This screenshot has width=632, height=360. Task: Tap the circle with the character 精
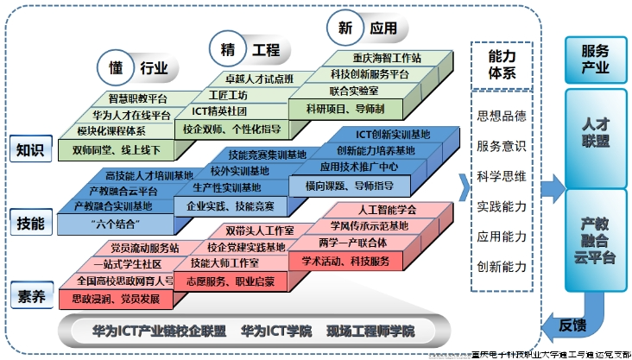pyautogui.click(x=224, y=49)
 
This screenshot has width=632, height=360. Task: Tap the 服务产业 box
pyautogui.click(x=596, y=58)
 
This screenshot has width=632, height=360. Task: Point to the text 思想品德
pyautogui.click(x=502, y=116)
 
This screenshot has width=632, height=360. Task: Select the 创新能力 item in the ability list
pyautogui.click(x=502, y=267)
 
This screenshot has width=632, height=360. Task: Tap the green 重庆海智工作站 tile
pyautogui.click(x=387, y=58)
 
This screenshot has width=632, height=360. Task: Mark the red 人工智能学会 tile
pyautogui.click(x=386, y=210)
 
